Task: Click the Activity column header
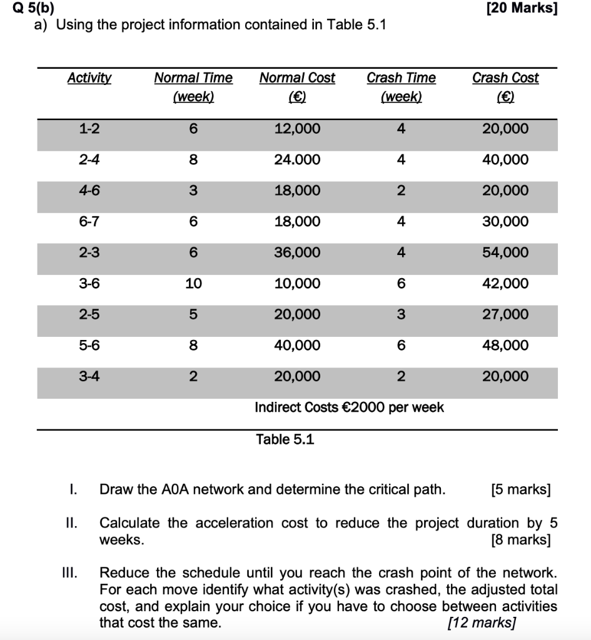tap(89, 78)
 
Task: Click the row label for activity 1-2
tap(89, 129)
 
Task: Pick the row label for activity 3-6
tap(89, 284)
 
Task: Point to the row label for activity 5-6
tap(89, 346)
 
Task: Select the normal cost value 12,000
tap(297, 129)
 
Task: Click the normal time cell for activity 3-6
tap(193, 284)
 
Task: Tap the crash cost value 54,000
tap(505, 252)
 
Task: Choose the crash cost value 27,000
tap(505, 314)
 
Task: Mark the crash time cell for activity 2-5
tap(401, 314)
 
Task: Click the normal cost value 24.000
tap(297, 160)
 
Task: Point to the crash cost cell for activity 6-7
tap(505, 222)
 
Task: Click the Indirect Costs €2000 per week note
tap(349, 407)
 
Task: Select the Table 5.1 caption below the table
tap(285, 439)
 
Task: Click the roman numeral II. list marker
tap(73, 523)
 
